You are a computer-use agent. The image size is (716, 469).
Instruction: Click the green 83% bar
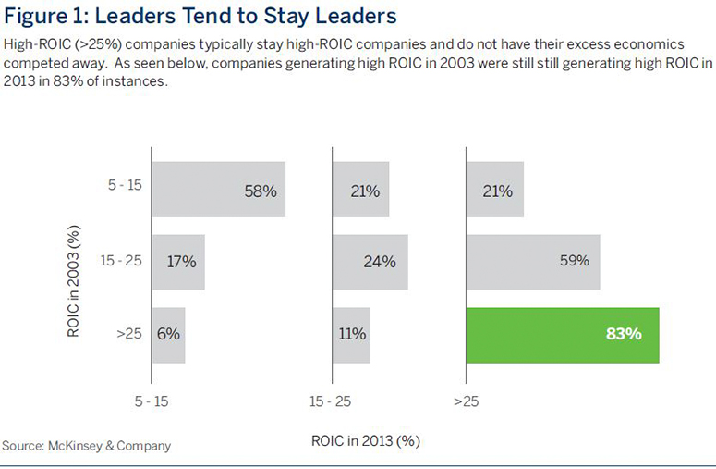563,334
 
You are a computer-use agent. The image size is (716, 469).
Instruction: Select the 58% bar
218,190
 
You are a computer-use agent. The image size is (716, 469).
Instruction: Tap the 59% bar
533,261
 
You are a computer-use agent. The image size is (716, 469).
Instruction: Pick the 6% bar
168,334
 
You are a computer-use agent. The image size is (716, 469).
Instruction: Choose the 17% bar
177,261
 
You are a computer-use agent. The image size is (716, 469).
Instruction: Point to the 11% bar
351,334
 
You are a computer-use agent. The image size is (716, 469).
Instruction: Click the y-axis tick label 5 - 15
125,185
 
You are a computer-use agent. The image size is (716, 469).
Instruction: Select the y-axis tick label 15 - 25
122,261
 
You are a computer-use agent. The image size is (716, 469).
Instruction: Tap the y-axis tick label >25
128,334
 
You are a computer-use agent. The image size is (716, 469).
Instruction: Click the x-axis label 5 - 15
153,401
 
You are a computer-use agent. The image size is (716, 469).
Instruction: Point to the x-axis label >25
466,401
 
